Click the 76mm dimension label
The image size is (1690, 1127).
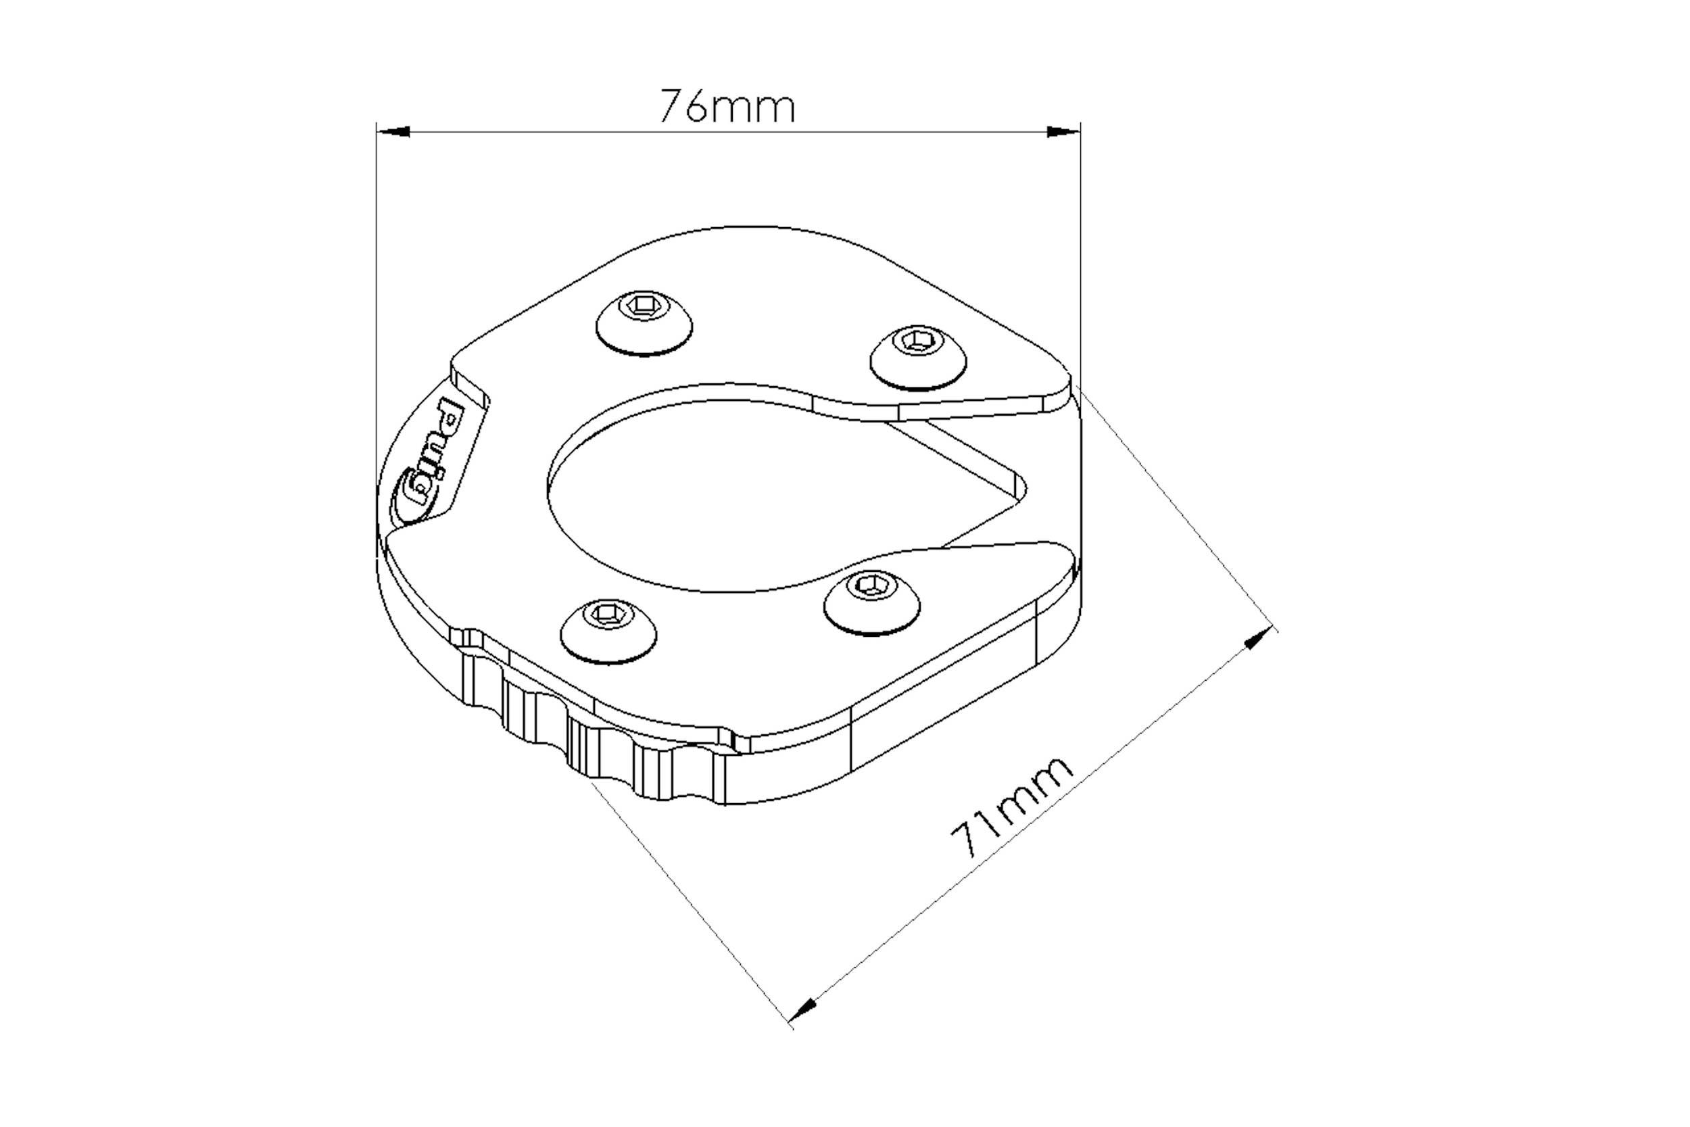[727, 107]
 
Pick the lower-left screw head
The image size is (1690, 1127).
[608, 629]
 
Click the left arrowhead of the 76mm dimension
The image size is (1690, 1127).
[393, 132]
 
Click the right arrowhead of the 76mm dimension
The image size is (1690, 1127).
[1063, 132]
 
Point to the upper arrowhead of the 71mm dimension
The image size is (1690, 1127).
[1259, 638]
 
